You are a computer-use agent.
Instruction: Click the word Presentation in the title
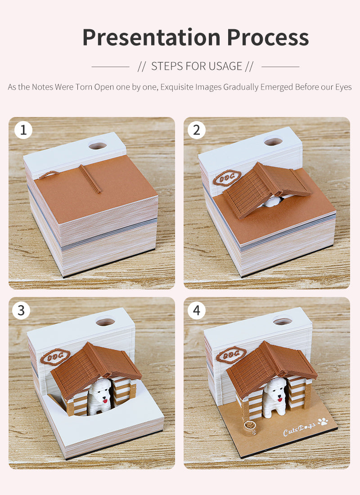(x=152, y=37)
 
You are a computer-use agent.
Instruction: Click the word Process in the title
(x=268, y=37)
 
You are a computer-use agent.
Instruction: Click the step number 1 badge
(x=23, y=130)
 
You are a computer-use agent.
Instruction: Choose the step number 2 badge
(x=196, y=130)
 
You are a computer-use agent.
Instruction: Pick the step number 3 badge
(x=21, y=310)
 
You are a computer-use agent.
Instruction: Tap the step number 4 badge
(x=196, y=310)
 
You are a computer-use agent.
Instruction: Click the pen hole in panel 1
(x=98, y=145)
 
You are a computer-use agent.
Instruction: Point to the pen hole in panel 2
(x=273, y=141)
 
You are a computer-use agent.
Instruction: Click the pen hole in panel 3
(x=105, y=322)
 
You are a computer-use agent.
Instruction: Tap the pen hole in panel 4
(x=283, y=321)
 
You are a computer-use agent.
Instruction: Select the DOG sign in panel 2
(x=227, y=178)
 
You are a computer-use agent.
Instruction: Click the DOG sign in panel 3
(x=55, y=357)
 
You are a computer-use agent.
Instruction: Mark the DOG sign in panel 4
(x=231, y=355)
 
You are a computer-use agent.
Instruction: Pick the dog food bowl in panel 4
(x=250, y=427)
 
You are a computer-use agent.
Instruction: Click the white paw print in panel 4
(x=323, y=422)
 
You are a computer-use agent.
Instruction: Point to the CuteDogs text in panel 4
(x=299, y=429)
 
